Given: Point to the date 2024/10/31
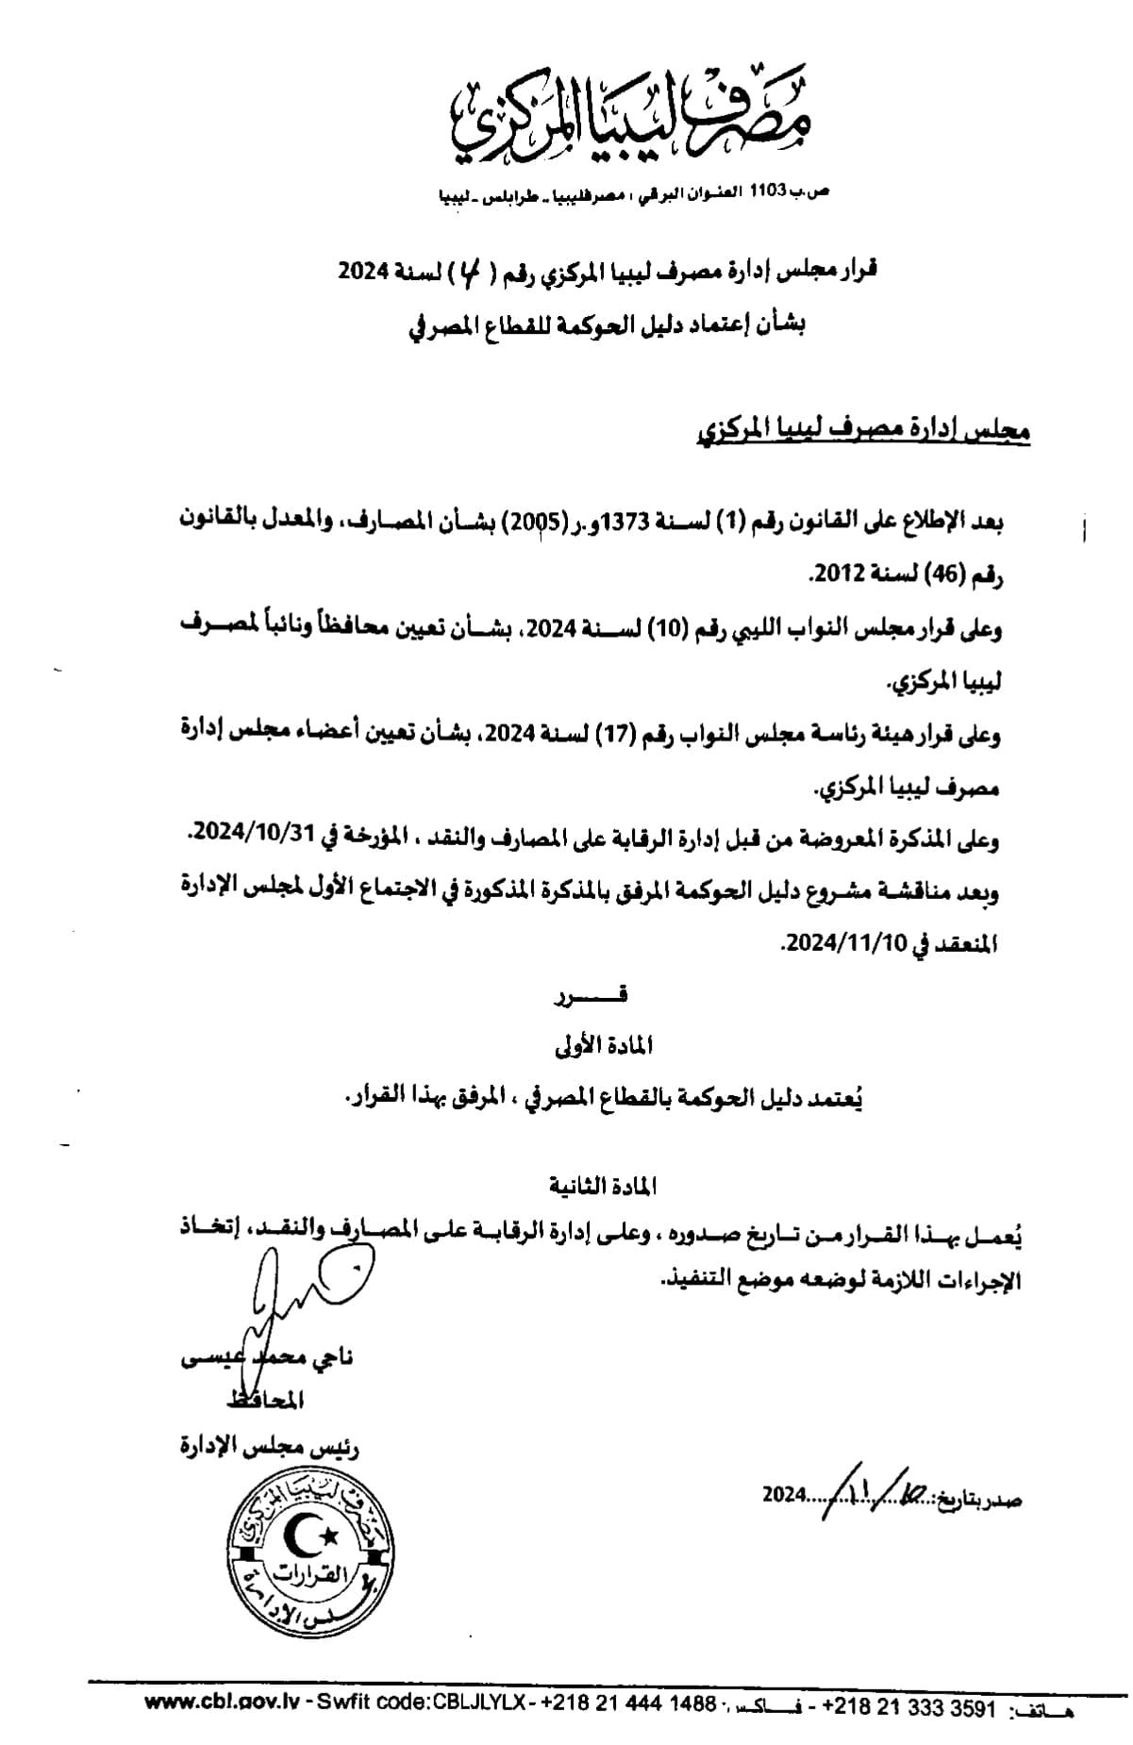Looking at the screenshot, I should pyautogui.click(x=239, y=836).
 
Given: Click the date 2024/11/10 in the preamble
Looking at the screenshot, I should pyautogui.click(x=830, y=942).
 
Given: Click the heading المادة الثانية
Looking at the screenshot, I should pyautogui.click(x=601, y=1186).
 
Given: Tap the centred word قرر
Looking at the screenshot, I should pyautogui.click(x=603, y=994).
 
